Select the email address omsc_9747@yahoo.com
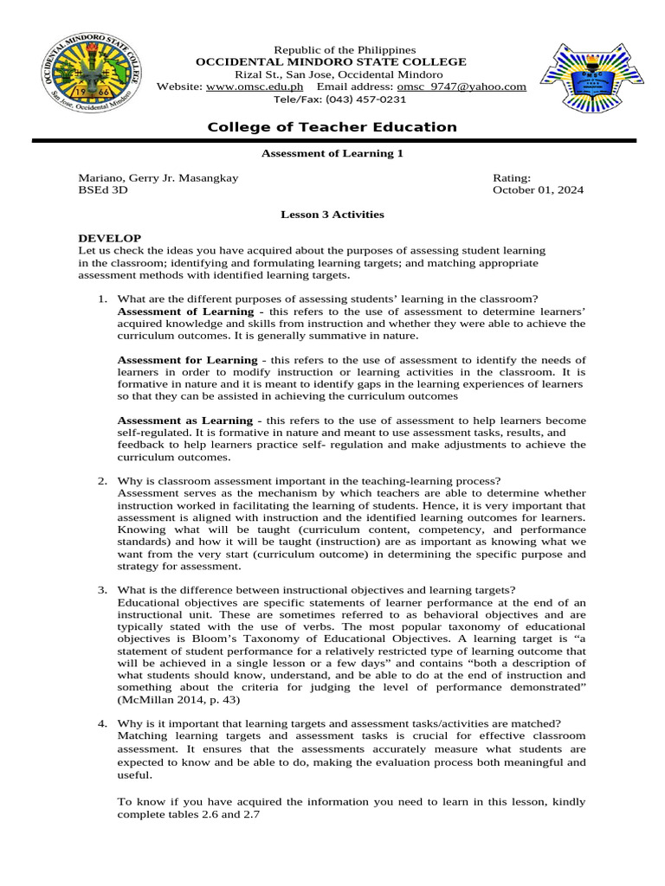pos(462,87)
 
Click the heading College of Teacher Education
pos(332,127)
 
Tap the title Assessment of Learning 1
pos(332,153)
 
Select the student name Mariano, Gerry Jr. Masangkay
pos(158,177)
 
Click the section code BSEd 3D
pos(103,190)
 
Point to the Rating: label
pos(512,177)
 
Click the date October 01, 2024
pos(538,190)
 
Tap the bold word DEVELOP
pos(110,238)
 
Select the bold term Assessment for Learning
pos(187,359)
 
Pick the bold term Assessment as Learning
pos(186,421)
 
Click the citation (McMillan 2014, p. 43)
pos(179,699)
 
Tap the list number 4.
pos(102,723)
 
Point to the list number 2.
pos(102,481)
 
